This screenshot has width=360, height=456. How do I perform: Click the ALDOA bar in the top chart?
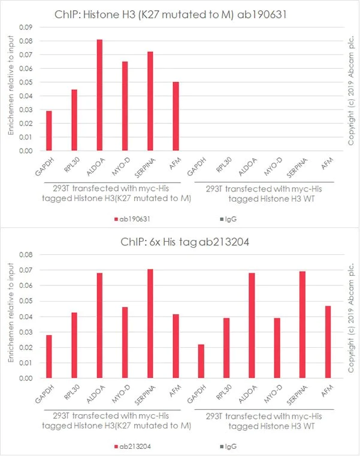(99, 96)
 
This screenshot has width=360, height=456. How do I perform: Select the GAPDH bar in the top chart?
(49, 131)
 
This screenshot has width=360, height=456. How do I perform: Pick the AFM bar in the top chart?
(175, 117)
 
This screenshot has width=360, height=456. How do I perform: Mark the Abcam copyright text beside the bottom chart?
(351, 317)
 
